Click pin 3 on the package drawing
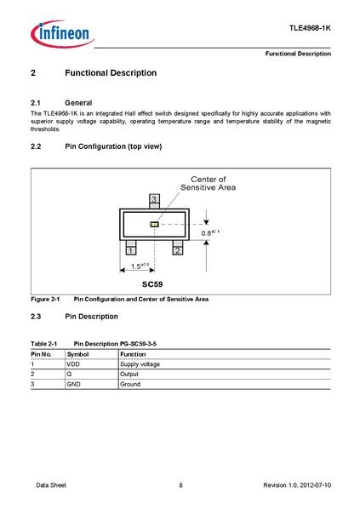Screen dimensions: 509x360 point(154,199)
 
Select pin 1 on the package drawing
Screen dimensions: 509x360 point(130,250)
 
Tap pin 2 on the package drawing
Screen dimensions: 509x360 point(178,250)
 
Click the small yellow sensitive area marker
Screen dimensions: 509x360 point(154,225)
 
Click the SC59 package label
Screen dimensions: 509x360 point(152,283)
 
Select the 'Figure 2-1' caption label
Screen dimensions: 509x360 point(44,300)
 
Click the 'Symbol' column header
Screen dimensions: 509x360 point(77,353)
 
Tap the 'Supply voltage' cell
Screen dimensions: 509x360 point(140,363)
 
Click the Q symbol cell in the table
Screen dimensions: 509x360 point(69,374)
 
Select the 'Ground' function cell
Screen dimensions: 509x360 point(130,384)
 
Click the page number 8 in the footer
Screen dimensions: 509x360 point(180,485)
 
